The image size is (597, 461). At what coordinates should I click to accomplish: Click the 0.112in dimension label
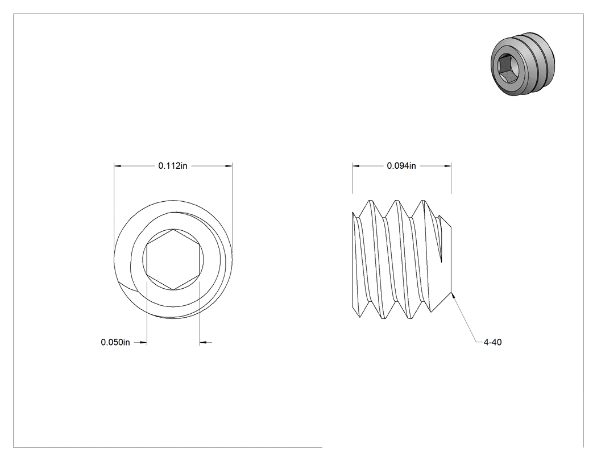[x=172, y=165]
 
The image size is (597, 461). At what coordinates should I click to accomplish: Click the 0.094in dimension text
[x=401, y=165]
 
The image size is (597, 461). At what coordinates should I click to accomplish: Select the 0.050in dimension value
[x=115, y=342]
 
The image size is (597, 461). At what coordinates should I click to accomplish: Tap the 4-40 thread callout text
[x=493, y=342]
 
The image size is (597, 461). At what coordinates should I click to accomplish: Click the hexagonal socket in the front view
[x=173, y=260]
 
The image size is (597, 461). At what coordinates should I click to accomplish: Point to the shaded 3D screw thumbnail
[x=523, y=64]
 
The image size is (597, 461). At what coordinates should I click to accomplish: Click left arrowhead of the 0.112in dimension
[x=118, y=166]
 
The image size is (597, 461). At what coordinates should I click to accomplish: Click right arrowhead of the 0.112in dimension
[x=229, y=166]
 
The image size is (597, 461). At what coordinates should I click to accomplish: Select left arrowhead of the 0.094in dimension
[x=355, y=166]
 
